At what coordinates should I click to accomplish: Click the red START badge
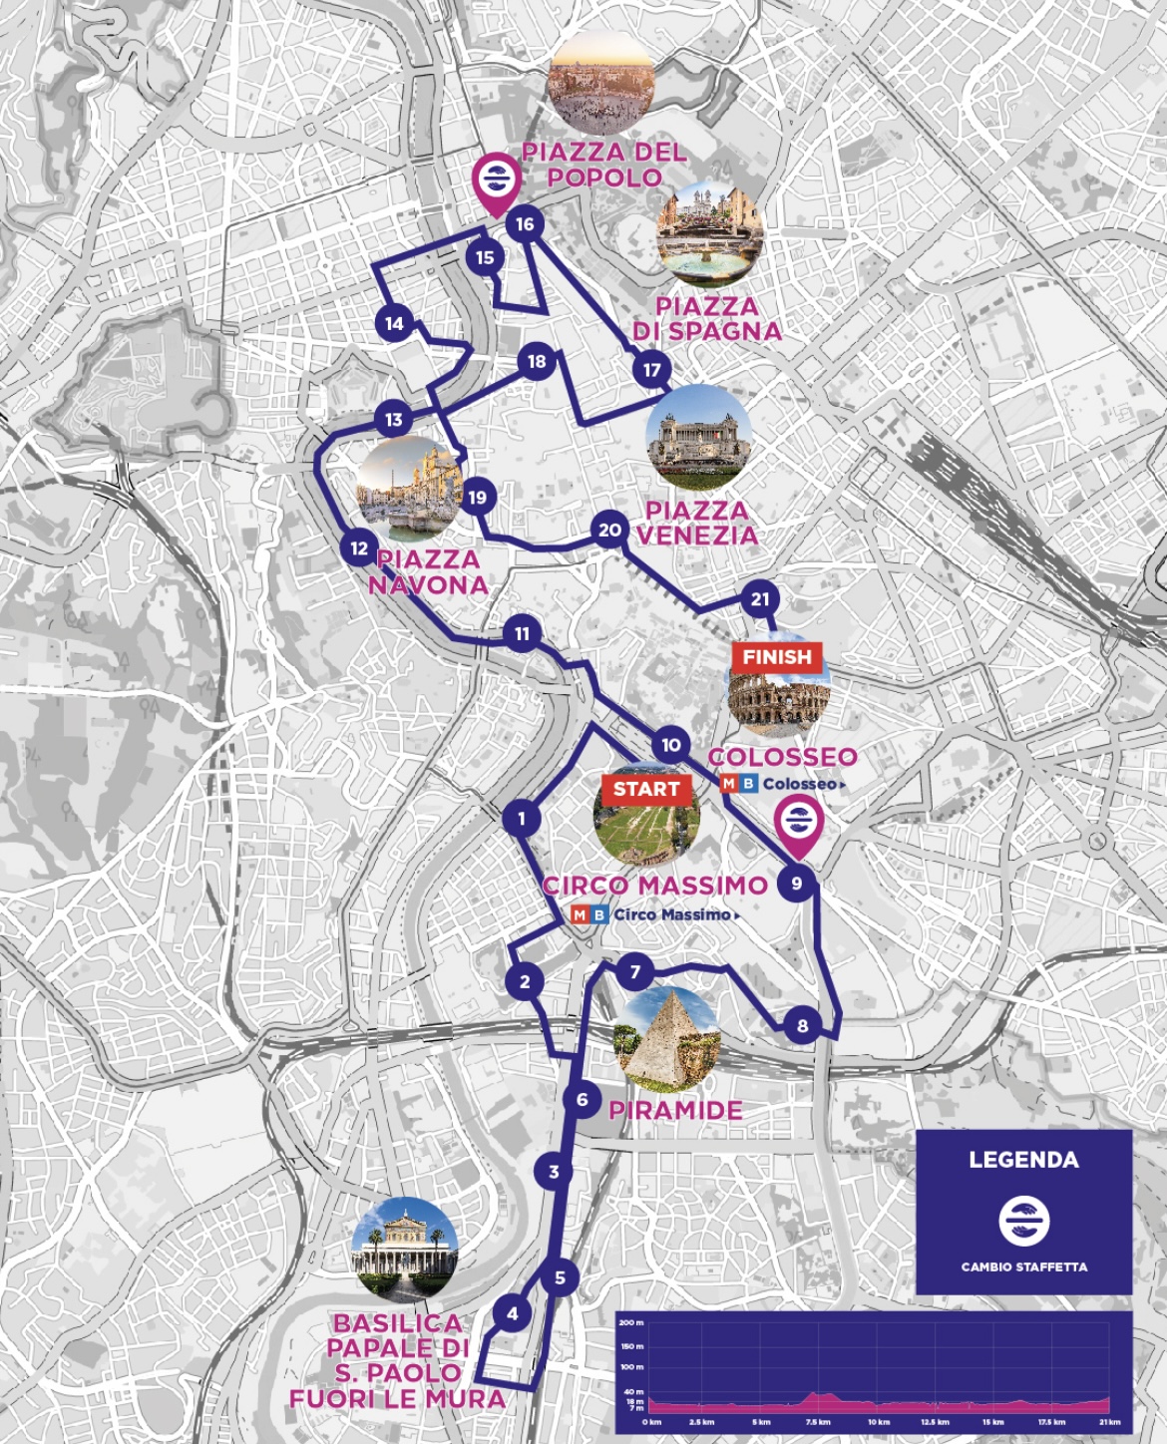coord(646,790)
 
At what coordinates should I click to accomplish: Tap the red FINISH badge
coord(778,657)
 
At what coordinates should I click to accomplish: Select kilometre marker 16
coord(525,224)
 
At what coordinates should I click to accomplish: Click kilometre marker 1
coord(522,820)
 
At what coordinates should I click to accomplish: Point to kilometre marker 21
coord(760,599)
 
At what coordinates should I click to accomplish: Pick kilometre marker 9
coord(796,884)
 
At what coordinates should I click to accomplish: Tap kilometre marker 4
coord(513,1313)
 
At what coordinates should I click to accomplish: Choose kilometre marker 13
coord(394,420)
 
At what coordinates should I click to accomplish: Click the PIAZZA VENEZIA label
coord(697,523)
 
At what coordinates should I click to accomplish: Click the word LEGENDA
coord(1023,1160)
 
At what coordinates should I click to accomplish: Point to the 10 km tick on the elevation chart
coord(879,1422)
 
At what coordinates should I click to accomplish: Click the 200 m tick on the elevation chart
coord(632,1322)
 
